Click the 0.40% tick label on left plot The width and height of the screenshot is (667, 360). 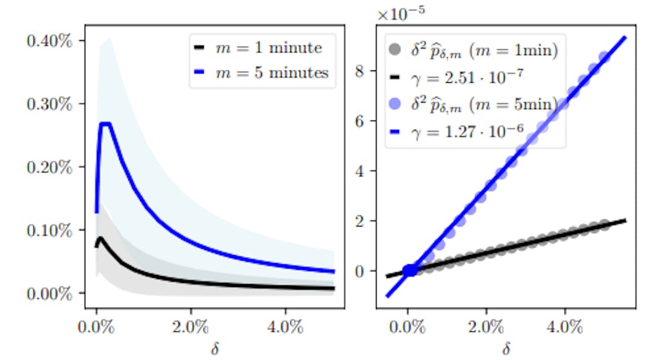49,42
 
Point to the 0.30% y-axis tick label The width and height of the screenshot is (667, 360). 49,104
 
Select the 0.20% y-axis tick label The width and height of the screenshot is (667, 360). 49,167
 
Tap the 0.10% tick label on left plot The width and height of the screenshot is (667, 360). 49,230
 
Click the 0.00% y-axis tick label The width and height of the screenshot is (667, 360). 49,293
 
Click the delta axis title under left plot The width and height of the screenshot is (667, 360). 215,350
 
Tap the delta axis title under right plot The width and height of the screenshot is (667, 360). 506,350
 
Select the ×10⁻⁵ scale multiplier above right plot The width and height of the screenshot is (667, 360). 401,12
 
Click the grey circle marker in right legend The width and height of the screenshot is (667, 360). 392,51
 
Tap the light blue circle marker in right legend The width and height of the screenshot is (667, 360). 392,103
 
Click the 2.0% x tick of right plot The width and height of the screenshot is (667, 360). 486,325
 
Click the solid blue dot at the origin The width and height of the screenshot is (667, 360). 409,270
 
